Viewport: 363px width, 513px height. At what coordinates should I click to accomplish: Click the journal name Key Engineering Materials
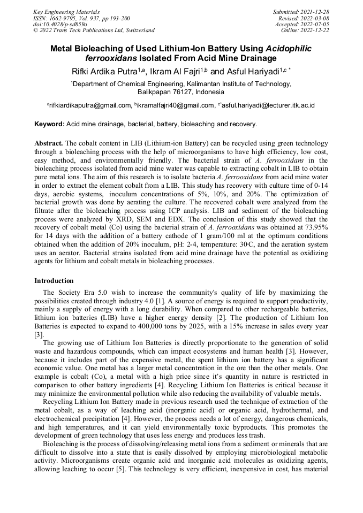(x=66, y=11)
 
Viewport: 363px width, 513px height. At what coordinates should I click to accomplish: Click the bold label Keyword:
(x=49, y=124)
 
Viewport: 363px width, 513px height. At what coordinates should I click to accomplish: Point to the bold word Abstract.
(x=49, y=144)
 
